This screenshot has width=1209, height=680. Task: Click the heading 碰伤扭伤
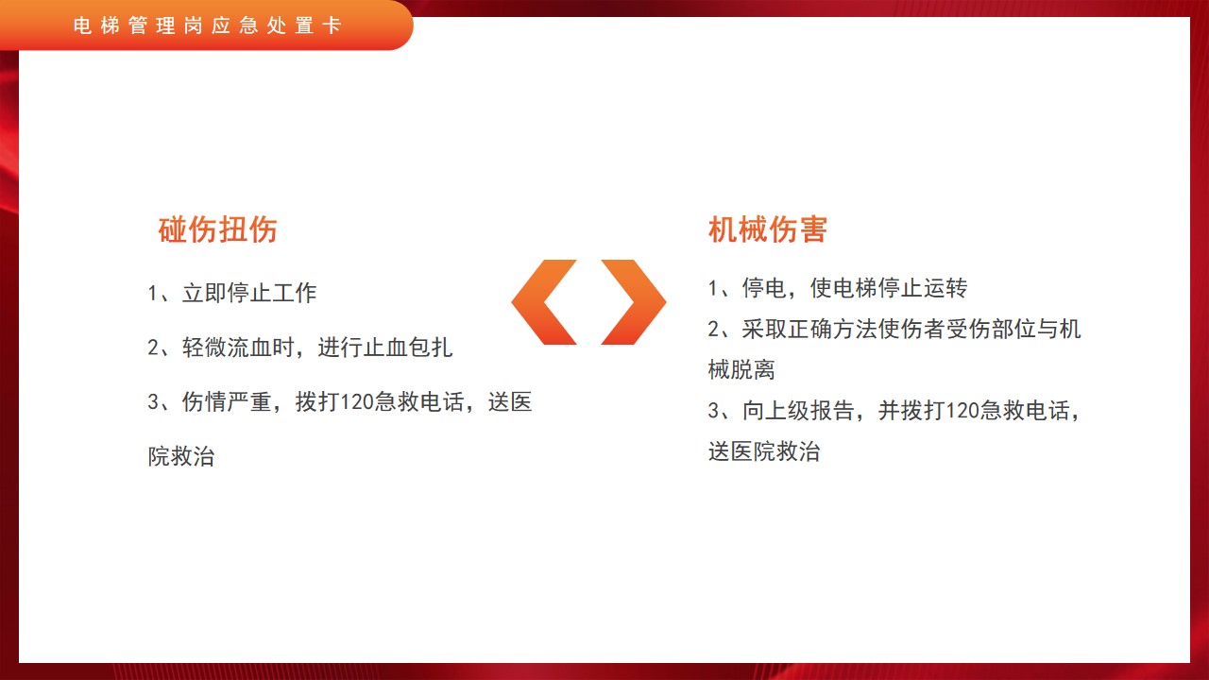click(217, 229)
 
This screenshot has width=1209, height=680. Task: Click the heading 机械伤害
click(768, 229)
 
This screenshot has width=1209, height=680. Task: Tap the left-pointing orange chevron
click(544, 302)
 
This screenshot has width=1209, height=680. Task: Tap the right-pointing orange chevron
click(634, 302)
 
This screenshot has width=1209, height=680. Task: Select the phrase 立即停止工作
click(249, 293)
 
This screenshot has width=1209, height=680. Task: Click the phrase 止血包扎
click(408, 348)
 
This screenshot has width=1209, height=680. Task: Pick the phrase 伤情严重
click(227, 402)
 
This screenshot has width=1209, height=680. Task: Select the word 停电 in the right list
click(764, 288)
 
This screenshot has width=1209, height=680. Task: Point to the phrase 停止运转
click(923, 288)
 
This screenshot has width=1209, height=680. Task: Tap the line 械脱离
click(741, 370)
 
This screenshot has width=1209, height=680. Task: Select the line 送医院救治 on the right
click(764, 452)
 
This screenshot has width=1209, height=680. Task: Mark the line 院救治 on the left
click(181, 456)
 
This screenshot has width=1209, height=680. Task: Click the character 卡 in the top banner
click(332, 25)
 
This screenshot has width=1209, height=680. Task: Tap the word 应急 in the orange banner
click(234, 25)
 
